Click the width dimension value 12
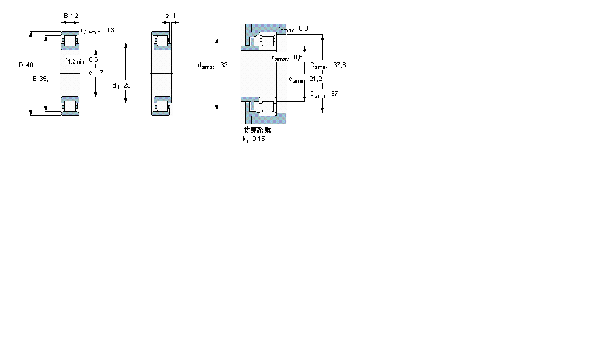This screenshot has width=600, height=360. [74, 16]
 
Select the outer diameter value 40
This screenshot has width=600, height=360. [29, 65]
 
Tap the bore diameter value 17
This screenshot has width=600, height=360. [100, 73]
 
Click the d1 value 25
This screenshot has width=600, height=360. [127, 85]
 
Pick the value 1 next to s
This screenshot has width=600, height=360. [173, 16]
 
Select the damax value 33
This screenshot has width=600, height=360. [224, 65]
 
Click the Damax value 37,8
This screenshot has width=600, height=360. [340, 65]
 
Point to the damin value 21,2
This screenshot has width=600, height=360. [316, 79]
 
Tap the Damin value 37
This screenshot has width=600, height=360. [334, 94]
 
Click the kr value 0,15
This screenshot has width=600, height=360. [258, 139]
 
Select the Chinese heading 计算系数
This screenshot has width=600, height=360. [257, 130]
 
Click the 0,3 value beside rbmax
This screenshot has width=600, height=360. [304, 28]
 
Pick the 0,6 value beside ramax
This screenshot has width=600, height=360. [298, 58]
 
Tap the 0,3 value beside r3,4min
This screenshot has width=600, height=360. [110, 30]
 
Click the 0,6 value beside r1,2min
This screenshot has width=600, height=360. [94, 59]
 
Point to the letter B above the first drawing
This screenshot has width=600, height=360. [65, 16]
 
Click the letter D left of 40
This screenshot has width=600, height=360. [20, 65]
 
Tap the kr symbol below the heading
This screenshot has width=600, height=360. [245, 139]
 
